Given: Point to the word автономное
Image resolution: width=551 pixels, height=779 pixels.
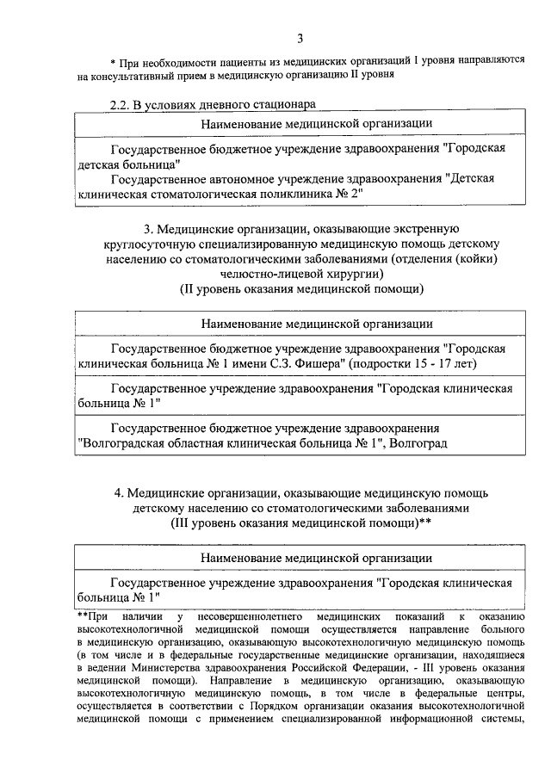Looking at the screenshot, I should pyautogui.click(x=246, y=179).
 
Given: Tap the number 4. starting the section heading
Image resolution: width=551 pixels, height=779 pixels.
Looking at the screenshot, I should pyautogui.click(x=121, y=493).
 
